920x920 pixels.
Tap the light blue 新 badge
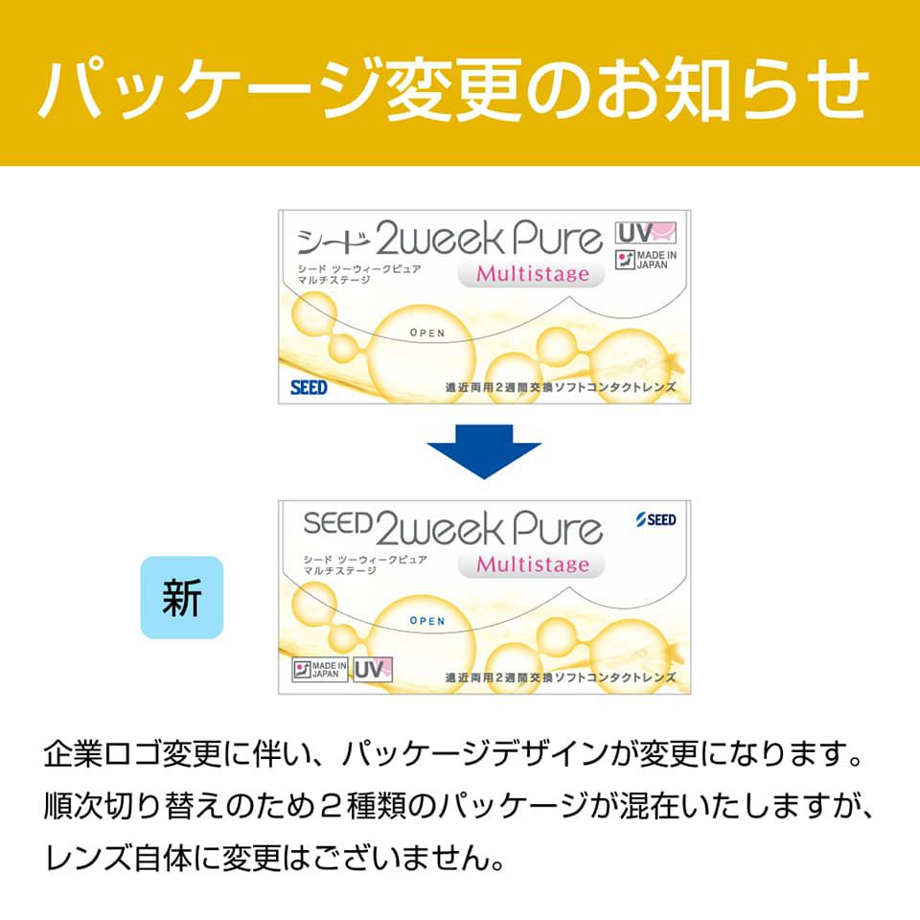(x=182, y=597)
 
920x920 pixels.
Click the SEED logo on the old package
(x=309, y=387)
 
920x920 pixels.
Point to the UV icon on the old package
(x=646, y=233)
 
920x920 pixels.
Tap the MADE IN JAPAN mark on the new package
(x=318, y=668)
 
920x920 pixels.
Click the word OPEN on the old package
(x=426, y=333)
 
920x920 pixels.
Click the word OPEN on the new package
(x=426, y=621)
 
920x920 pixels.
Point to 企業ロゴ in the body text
(x=106, y=752)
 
